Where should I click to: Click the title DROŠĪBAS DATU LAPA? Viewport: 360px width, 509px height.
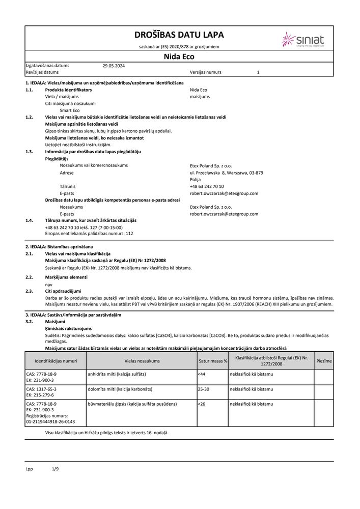pyautogui.click(x=179, y=35)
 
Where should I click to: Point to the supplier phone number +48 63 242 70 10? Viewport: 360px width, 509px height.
pyautogui.click(x=206, y=186)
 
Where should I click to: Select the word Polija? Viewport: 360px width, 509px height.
pyautogui.click(x=195, y=180)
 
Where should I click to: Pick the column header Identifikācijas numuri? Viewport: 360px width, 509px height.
pyautogui.click(x=56, y=361)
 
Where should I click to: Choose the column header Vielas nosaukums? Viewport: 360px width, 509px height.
pyautogui.click(x=142, y=361)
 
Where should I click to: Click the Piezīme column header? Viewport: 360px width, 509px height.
pyautogui.click(x=324, y=361)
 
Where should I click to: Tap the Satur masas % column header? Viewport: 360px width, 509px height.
pyautogui.click(x=212, y=361)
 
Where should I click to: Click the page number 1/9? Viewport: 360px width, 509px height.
pyautogui.click(x=56, y=468)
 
